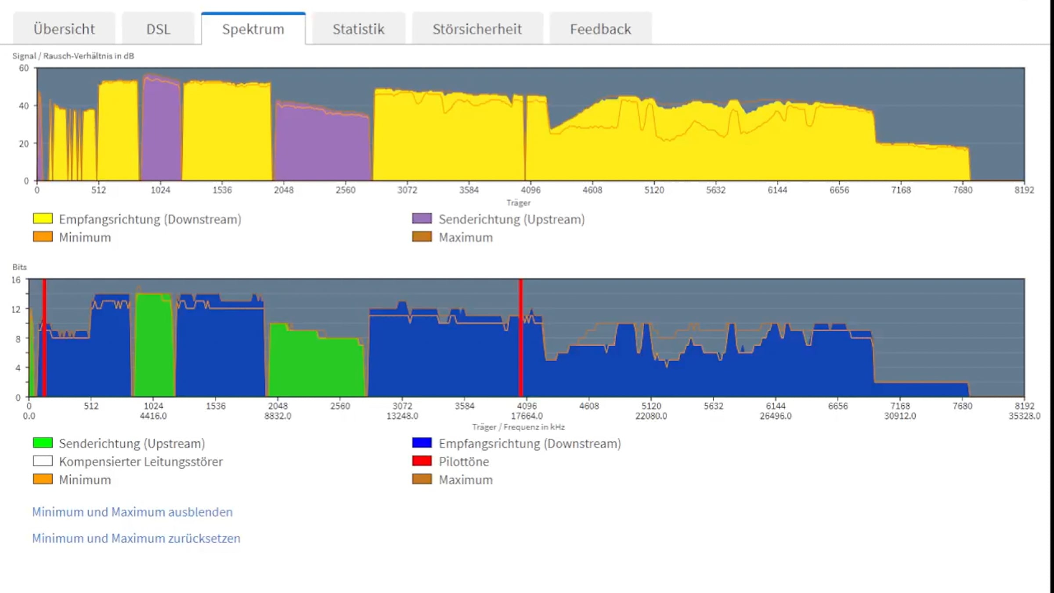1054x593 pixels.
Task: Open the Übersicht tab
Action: point(64,29)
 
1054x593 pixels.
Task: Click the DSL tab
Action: point(158,29)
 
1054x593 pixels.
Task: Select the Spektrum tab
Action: point(253,29)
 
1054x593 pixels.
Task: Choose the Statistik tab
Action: point(358,29)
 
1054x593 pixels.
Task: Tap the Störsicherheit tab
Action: point(477,29)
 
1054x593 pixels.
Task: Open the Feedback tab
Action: point(600,29)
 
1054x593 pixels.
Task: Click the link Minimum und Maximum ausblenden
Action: point(132,512)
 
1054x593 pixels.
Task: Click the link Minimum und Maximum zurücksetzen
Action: point(136,538)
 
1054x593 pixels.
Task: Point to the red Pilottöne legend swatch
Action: point(422,461)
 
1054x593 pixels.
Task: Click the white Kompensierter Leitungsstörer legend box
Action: point(43,461)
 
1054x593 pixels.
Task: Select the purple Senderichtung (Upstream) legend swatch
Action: point(422,218)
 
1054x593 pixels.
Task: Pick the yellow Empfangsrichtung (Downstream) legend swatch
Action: point(43,218)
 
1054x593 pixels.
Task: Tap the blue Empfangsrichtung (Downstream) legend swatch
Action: point(422,443)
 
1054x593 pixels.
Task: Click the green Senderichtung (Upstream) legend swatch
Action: point(43,443)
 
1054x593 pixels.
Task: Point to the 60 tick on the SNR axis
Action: point(24,68)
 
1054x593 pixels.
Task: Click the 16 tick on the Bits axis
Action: point(16,280)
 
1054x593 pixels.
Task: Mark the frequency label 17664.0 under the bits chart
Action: point(527,416)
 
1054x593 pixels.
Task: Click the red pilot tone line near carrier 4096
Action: point(521,338)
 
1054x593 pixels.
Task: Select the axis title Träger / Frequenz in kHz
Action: point(518,427)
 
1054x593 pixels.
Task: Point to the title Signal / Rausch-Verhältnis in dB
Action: point(73,56)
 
